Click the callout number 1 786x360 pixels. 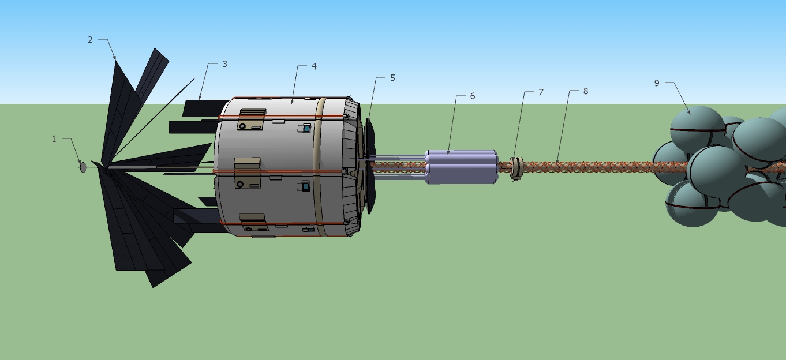click(x=54, y=139)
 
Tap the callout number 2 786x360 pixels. click(x=90, y=40)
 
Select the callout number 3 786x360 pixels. click(x=224, y=64)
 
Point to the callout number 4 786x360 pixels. click(x=314, y=66)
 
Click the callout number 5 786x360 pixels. click(x=392, y=78)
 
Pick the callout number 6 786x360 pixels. click(x=472, y=96)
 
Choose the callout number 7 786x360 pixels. click(x=541, y=92)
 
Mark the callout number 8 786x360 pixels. click(x=585, y=91)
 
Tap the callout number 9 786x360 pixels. click(x=657, y=83)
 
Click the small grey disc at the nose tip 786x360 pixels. click(x=83, y=167)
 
